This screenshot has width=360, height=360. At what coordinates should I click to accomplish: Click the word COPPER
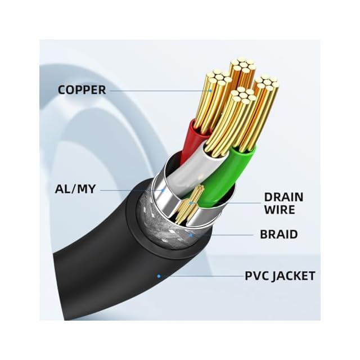pos(82,89)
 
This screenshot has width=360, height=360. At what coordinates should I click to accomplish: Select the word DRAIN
pos(283,197)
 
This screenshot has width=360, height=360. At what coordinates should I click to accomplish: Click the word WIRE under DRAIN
pos(280,210)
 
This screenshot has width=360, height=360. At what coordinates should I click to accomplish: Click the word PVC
pos(257,276)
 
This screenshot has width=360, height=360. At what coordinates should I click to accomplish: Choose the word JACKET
pos(295,276)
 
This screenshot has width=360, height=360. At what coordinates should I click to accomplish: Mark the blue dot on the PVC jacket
pos(159,276)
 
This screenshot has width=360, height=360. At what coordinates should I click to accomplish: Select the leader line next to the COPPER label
pos(157,90)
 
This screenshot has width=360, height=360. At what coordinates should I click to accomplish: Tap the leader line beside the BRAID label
pos(225,235)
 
